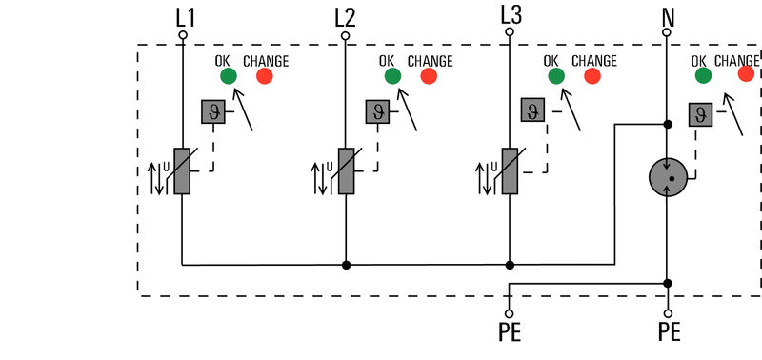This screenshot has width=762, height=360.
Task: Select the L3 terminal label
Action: click(x=510, y=14)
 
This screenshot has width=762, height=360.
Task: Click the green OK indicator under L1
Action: click(x=227, y=77)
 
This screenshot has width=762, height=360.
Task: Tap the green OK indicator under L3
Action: click(x=555, y=77)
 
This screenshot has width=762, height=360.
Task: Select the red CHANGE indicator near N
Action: click(x=747, y=75)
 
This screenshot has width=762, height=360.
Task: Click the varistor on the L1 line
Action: click(x=182, y=171)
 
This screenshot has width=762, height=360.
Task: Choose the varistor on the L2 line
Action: click(x=346, y=171)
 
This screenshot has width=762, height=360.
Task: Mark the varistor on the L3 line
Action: click(x=510, y=171)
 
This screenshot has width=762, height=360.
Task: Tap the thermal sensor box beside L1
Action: click(x=212, y=112)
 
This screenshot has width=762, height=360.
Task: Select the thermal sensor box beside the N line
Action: click(x=702, y=114)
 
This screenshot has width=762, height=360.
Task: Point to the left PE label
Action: click(x=510, y=333)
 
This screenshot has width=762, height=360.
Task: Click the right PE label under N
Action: click(x=669, y=333)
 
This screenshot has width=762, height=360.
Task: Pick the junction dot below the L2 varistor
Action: click(x=346, y=265)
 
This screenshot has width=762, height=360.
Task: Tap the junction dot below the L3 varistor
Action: click(x=510, y=265)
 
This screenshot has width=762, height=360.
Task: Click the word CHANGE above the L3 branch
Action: click(x=594, y=60)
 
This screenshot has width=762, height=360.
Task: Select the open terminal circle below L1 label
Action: click(x=182, y=35)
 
